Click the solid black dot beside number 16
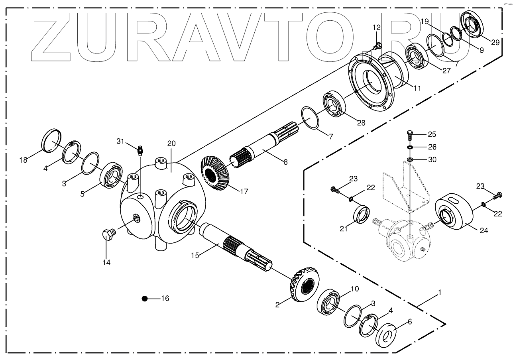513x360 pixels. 145,299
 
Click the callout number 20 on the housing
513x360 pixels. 171,143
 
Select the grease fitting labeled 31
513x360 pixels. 140,151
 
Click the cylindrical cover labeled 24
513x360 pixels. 454,214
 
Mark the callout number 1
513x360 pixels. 439,293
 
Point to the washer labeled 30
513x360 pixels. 409,160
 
